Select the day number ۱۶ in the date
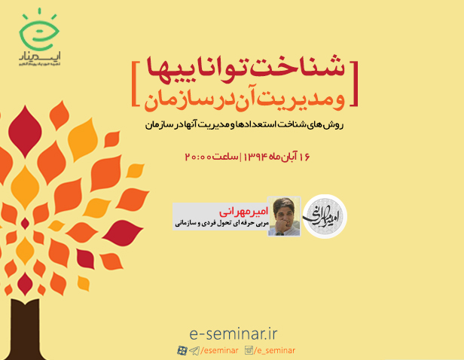click(x=303, y=157)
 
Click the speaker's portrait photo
click(x=284, y=216)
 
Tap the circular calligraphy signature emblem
click(x=325, y=216)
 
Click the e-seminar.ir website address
click(x=230, y=333)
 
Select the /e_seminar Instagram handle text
click(x=275, y=350)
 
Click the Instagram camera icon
click(x=249, y=350)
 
